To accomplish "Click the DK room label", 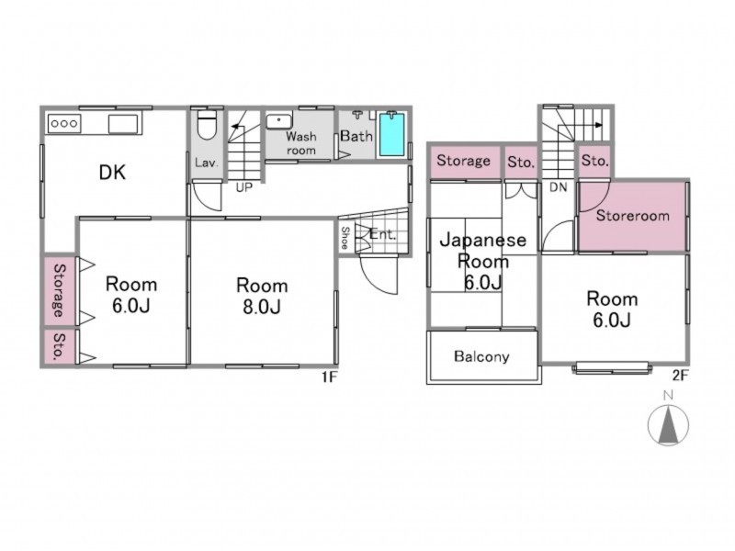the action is tap(112, 173).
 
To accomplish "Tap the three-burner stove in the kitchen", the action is tap(64, 124).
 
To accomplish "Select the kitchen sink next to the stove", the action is tap(123, 124).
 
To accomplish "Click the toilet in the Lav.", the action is tap(207, 125).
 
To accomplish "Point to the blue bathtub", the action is tap(391, 134).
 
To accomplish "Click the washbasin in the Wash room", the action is tap(279, 121).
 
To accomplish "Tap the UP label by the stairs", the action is tap(243, 187).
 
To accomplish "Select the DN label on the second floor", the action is tap(559, 187).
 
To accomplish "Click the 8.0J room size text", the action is tap(262, 307).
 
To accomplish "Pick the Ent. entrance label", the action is tap(382, 234).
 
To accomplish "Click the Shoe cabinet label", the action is tap(345, 238).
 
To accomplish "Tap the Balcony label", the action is tap(481, 356).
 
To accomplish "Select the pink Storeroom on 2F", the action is tap(632, 216).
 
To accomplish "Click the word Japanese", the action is tap(483, 241).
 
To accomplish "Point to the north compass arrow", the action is tap(668, 425).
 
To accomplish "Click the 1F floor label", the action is tap(330, 377).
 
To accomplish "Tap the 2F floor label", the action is tap(680, 376).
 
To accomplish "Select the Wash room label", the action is tap(301, 143).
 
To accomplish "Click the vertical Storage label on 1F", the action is tap(60, 290).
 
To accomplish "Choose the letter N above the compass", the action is tap(668, 395).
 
